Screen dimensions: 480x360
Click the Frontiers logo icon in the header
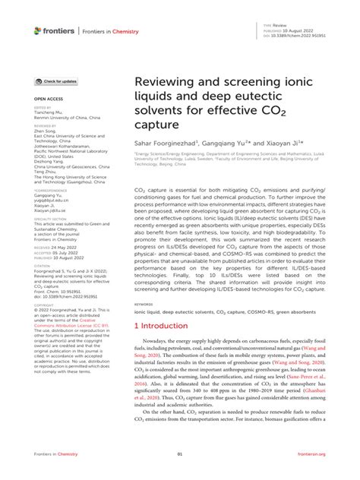point(39,30)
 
